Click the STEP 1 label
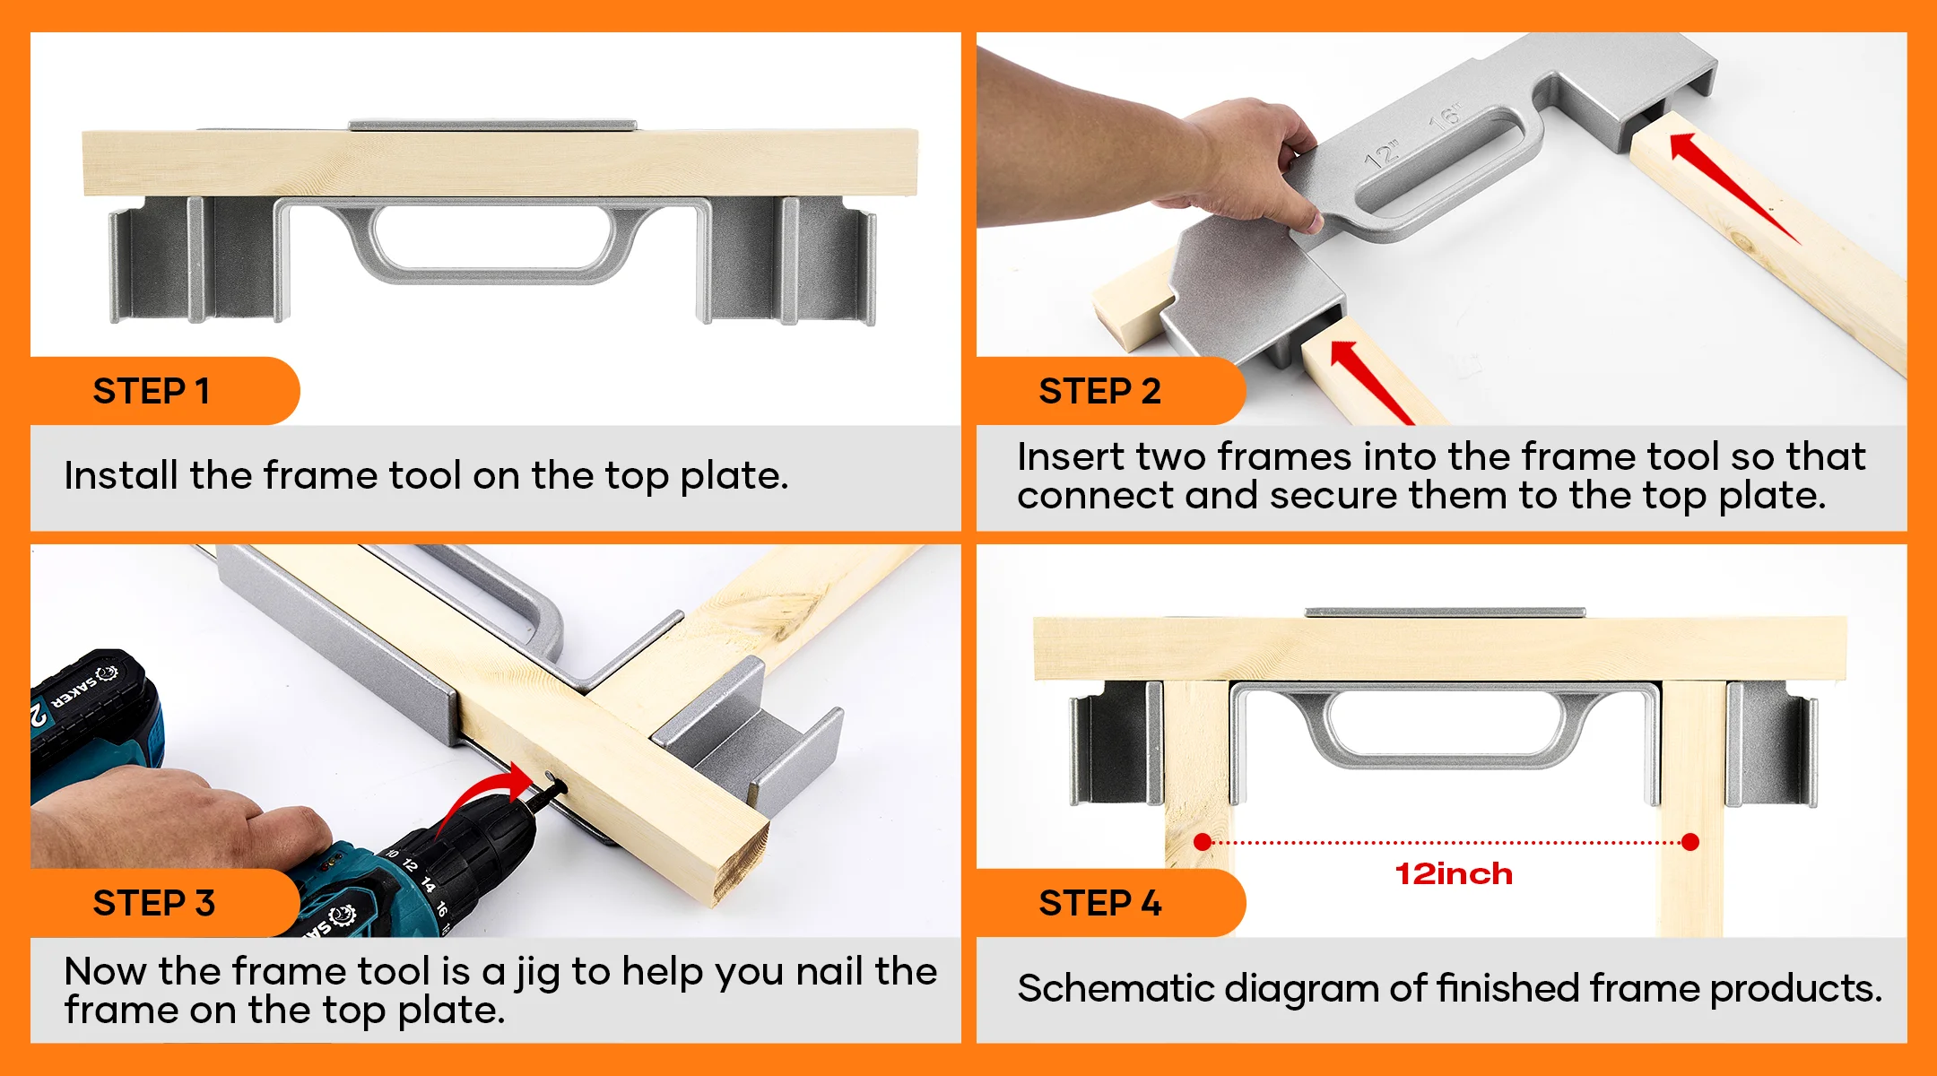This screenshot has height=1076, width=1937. tap(152, 391)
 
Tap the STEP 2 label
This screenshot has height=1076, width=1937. tap(1099, 391)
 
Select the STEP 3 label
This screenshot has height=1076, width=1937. tap(154, 903)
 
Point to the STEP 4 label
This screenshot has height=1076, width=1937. tap(1100, 903)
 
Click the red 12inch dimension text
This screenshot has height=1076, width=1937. tap(1454, 873)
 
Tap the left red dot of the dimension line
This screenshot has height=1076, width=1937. tap(1203, 841)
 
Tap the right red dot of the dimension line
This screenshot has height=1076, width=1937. tap(1690, 841)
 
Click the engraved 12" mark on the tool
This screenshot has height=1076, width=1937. tap(1382, 154)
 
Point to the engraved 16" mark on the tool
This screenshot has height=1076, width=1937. tap(1444, 117)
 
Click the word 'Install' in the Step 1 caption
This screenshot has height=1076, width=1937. tap(121, 475)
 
